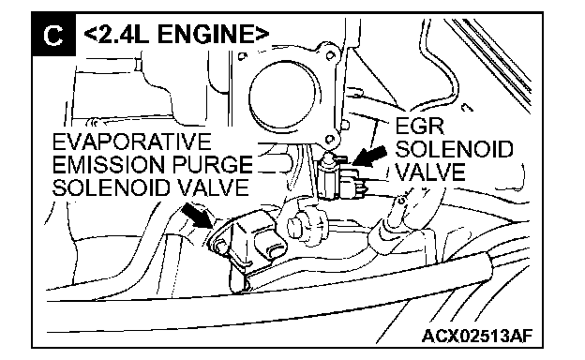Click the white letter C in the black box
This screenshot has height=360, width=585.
click(x=53, y=36)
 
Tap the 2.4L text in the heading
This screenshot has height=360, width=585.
click(x=124, y=34)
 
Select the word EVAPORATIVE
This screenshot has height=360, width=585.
click(x=132, y=142)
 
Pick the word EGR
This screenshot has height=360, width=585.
click(x=420, y=126)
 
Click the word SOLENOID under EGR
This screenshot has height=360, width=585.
click(x=454, y=149)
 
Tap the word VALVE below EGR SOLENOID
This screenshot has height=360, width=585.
click(x=430, y=172)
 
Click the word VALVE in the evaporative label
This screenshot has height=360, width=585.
click(x=212, y=187)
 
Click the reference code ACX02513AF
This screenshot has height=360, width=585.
click(x=477, y=337)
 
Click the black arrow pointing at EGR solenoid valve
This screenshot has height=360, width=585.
click(x=369, y=156)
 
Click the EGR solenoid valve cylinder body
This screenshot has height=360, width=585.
click(x=328, y=177)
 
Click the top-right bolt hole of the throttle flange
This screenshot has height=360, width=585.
click(x=330, y=56)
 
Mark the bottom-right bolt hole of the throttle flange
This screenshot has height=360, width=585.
click(x=329, y=140)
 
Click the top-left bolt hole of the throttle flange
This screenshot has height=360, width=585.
click(x=243, y=56)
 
